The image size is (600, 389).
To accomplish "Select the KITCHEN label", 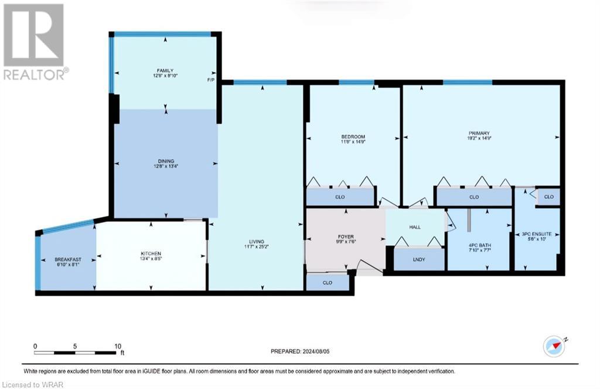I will (x=151, y=256).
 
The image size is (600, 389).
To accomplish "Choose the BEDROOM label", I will (x=353, y=139).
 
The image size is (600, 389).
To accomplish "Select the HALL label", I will (x=415, y=225).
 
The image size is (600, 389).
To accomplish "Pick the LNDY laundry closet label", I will (x=418, y=259).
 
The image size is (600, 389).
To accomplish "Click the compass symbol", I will (x=553, y=346).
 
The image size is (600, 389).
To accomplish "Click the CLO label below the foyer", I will (x=328, y=282).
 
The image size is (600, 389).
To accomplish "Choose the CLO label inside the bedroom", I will (x=340, y=197).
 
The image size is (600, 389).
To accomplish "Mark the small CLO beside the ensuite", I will (x=548, y=197).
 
